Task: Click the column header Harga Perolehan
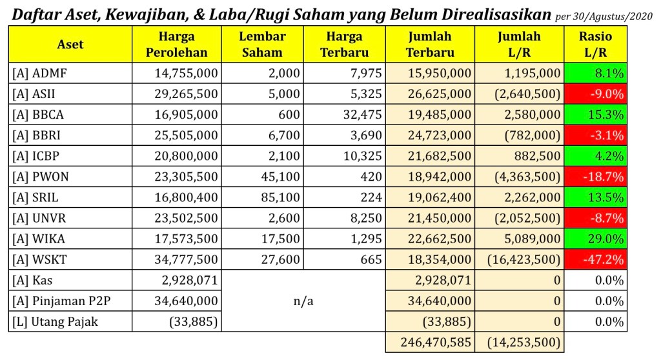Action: coord(176,45)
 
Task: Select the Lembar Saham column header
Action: coord(262,45)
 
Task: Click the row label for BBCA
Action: coord(38,115)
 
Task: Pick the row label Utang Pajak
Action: coord(55,321)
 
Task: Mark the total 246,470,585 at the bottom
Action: coord(436,342)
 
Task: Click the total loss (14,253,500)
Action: coord(524,342)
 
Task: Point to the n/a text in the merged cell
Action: coord(303,301)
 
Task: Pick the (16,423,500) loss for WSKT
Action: coord(524,260)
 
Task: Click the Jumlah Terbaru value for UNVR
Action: coord(440,219)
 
